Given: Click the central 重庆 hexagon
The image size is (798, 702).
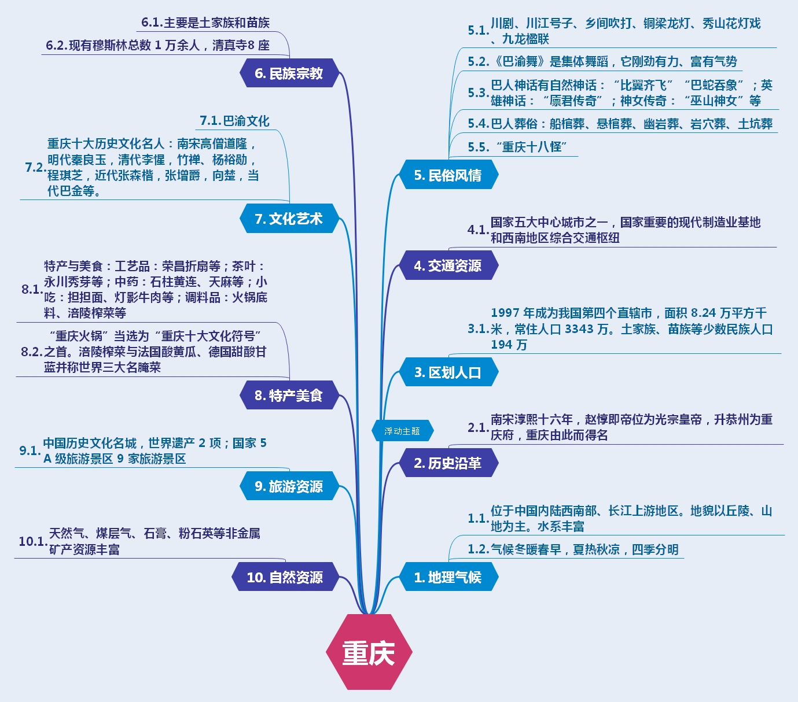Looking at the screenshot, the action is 369,652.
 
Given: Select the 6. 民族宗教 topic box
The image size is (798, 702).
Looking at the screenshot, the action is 289,73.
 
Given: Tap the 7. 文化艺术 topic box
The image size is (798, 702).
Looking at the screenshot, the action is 289,219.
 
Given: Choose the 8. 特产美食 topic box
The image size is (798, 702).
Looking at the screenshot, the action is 289,396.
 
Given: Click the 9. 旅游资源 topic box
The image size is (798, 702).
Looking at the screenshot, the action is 289,486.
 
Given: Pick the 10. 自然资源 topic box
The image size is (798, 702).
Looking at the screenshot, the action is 285,577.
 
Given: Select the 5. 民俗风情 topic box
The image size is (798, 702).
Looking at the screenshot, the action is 448,175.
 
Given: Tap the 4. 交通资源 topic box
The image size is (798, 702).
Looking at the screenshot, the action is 448,266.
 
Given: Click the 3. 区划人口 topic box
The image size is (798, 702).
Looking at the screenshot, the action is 448,372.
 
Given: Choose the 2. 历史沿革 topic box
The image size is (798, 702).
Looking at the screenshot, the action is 448,463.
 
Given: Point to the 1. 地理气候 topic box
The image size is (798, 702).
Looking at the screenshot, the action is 448,577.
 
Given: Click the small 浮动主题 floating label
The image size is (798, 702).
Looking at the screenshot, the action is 402,431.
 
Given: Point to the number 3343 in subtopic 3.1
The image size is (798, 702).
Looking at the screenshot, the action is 580,329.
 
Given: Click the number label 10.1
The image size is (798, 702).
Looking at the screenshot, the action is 32,542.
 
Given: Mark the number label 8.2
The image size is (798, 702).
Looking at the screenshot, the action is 31,352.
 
